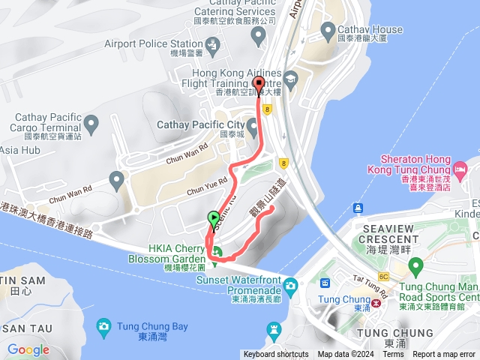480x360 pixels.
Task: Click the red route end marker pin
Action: click(x=259, y=85)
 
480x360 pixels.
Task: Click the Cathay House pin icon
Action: click(x=327, y=30)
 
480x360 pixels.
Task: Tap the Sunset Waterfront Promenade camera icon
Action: click(x=290, y=285)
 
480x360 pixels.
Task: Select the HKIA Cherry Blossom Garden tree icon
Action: click(x=217, y=251)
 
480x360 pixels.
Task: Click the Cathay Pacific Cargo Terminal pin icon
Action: click(x=91, y=122)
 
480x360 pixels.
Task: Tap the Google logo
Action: click(x=28, y=349)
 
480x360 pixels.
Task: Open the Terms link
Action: click(x=393, y=355)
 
